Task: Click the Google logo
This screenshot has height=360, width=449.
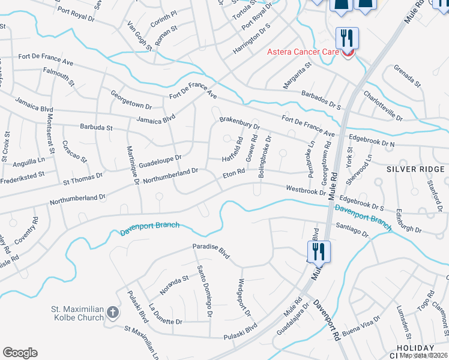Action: tap(20, 353)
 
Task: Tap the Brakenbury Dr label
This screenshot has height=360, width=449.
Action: tap(239, 124)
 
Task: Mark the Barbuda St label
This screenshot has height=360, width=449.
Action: tap(97, 127)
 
